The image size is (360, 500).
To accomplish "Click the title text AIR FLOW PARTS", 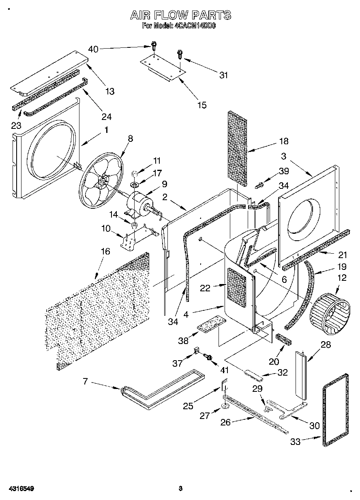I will [180, 15].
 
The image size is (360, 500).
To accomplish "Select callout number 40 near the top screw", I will [93, 49].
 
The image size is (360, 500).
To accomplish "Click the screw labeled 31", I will [179, 54].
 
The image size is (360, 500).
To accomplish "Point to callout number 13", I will [110, 91].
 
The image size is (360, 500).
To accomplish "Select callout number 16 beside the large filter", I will [105, 252].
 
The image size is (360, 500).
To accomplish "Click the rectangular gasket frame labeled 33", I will [336, 410].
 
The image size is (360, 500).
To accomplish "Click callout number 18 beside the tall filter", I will [283, 141].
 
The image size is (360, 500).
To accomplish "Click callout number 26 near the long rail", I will [225, 422].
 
